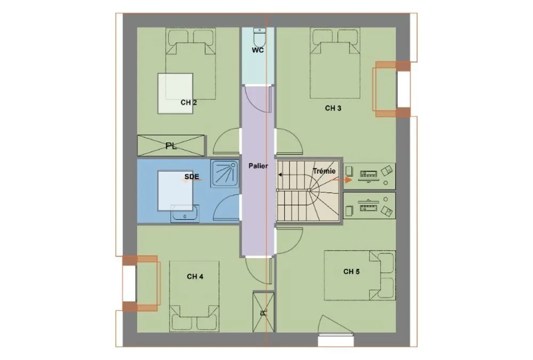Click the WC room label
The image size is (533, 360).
tap(257, 51)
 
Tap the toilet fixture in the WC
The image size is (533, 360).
tap(259, 37)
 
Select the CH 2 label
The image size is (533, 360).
tap(189, 102)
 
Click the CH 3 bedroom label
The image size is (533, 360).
tap(333, 108)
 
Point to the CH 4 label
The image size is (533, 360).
tap(195, 277)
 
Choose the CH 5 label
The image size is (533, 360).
tap(351, 271)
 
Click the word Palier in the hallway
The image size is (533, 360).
tap(258, 166)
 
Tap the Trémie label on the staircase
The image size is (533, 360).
tap(324, 171)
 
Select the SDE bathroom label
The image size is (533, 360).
tap(192, 177)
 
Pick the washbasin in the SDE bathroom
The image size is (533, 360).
tap(185, 213)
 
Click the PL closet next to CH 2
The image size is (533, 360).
tap(171, 146)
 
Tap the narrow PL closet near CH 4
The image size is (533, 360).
tap(263, 311)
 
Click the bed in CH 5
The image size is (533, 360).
tap(360, 276)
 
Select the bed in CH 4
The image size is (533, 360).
tap(195, 295)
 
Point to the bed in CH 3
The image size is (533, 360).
tap(335, 63)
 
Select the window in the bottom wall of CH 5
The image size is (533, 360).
tap(336, 341)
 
